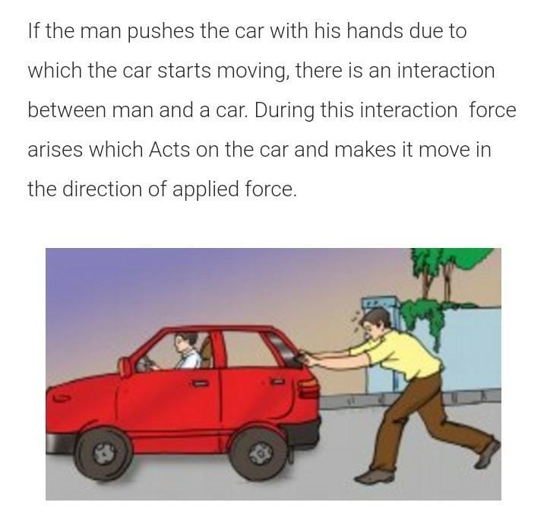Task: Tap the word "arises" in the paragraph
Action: (54, 150)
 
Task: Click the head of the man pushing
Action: (374, 323)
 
